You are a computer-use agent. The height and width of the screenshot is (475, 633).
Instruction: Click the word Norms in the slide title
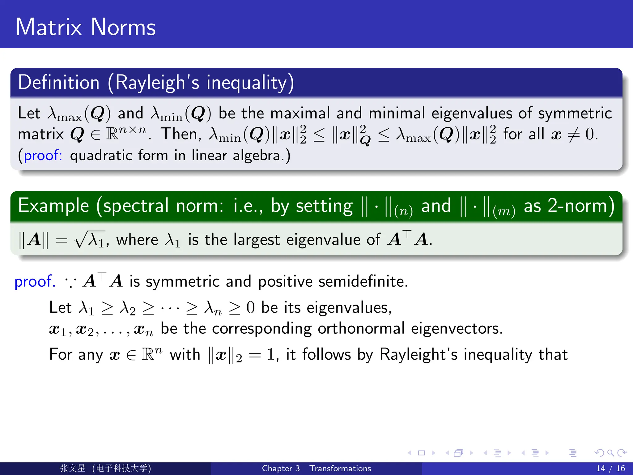click(x=123, y=27)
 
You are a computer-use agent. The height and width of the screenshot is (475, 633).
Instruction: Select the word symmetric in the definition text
click(x=575, y=113)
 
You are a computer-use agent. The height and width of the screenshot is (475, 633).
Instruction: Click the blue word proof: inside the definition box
click(x=43, y=155)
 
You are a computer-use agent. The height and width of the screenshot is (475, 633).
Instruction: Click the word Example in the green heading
click(x=53, y=206)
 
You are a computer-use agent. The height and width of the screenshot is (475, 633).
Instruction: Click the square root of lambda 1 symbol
click(x=90, y=240)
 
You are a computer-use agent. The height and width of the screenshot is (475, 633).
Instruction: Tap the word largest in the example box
click(x=257, y=240)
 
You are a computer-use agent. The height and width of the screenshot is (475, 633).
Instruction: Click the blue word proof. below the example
click(x=35, y=281)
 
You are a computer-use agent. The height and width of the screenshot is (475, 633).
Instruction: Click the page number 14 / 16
click(x=610, y=469)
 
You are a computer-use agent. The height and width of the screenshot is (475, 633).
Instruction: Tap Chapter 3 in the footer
click(x=281, y=469)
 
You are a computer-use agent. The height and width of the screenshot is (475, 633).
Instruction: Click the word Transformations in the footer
click(x=340, y=469)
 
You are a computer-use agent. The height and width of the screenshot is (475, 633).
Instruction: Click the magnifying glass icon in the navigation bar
click(x=610, y=453)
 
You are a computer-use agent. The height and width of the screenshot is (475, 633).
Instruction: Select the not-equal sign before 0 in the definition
click(x=573, y=135)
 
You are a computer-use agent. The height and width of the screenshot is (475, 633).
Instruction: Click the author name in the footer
click(x=73, y=469)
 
